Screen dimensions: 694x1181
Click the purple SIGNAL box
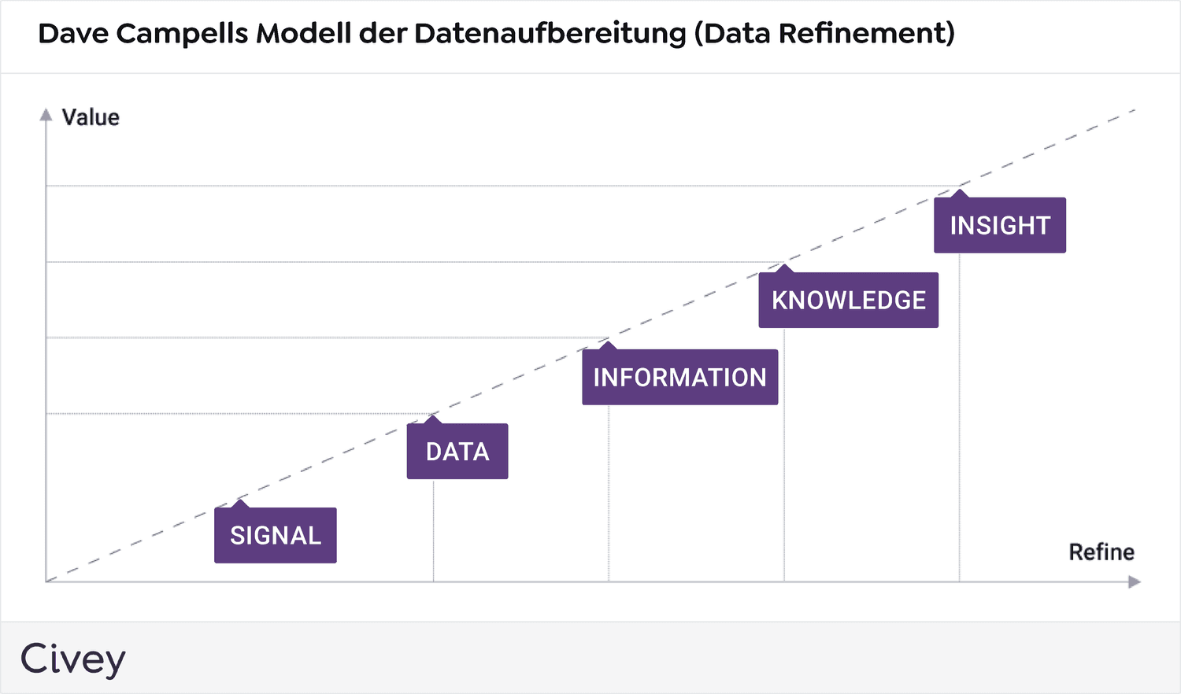276,535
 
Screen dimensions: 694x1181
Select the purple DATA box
457,452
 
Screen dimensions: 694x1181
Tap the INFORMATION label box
679,378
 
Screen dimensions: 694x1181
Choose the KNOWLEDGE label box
848,301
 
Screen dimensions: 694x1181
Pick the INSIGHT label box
1000,226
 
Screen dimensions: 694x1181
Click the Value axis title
91,117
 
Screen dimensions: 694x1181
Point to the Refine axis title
1101,552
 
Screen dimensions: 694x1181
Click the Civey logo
72,659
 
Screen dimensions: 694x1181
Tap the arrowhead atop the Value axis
46,115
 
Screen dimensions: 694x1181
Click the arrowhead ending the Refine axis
1135,582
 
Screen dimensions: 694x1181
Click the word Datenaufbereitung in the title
550,34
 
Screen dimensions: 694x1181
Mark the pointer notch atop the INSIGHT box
959,194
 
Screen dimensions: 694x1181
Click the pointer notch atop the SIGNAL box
240,504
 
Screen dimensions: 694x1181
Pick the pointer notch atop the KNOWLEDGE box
783,269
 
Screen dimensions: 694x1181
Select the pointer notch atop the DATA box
432,419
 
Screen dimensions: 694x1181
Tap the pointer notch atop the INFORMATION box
607,345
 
